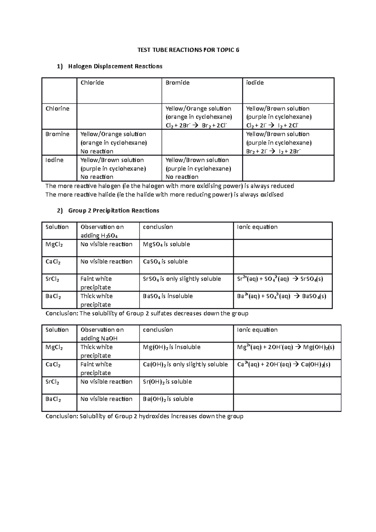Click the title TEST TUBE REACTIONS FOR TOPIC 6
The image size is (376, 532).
(x=188, y=50)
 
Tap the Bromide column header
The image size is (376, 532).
(x=177, y=83)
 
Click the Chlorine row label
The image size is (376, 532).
(x=57, y=109)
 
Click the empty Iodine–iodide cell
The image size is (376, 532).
(x=288, y=168)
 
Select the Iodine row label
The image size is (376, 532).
(x=55, y=160)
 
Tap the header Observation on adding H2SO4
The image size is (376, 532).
(x=102, y=231)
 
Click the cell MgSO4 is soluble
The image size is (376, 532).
(x=166, y=244)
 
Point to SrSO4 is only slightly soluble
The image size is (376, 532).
(x=182, y=279)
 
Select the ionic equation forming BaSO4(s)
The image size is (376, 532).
(x=281, y=296)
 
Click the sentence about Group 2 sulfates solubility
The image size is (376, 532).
(x=147, y=314)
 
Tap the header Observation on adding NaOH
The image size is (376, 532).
(x=102, y=334)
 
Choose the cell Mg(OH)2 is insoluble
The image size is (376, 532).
(x=171, y=347)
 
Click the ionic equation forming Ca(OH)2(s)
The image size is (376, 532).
(x=284, y=364)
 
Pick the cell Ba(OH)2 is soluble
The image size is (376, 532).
(x=168, y=399)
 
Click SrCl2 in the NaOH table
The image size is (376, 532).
(x=52, y=382)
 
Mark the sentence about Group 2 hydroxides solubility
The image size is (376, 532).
(x=144, y=416)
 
